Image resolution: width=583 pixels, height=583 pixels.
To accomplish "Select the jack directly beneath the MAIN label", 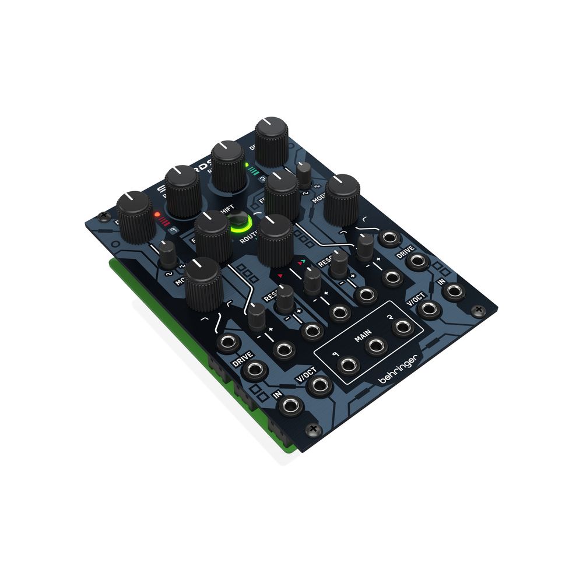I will click(x=375, y=347).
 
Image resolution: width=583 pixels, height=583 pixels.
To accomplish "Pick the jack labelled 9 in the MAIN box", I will click(x=348, y=366).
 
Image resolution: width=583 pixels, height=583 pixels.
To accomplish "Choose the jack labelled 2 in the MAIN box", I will click(x=402, y=328).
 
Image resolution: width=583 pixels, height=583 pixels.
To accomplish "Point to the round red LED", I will click(x=157, y=215).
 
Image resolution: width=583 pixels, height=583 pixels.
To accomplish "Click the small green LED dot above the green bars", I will click(x=247, y=165).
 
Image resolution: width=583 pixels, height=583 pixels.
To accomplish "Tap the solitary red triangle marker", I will click(x=280, y=275).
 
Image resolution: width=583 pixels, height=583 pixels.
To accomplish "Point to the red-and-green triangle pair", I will click(x=301, y=263).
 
